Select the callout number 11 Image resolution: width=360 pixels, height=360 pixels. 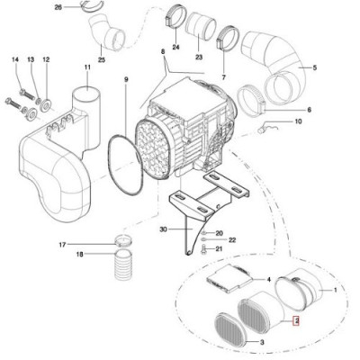click(87, 67)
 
